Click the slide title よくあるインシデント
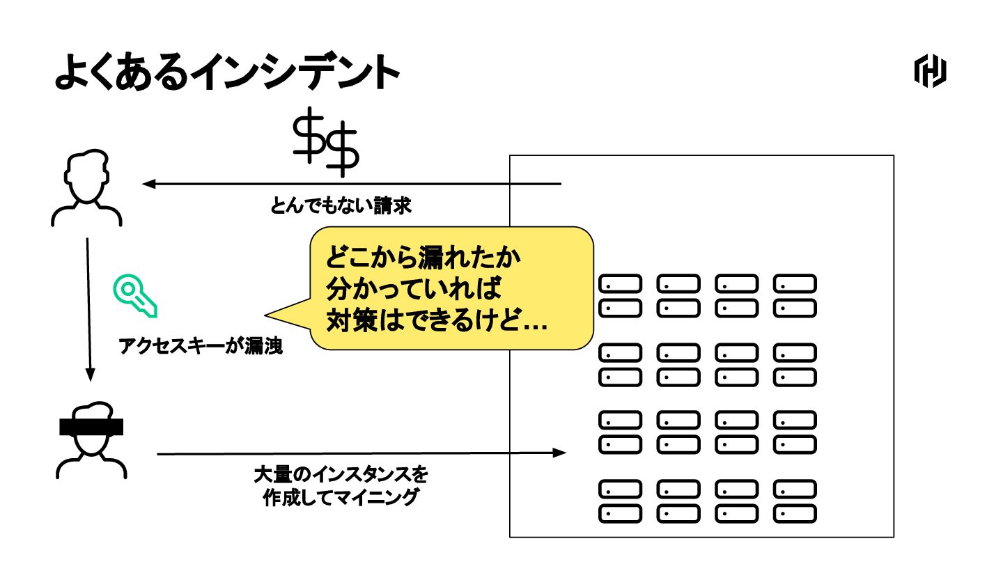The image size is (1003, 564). pyautogui.click(x=226, y=72)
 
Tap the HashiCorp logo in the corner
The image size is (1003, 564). pyautogui.click(x=930, y=72)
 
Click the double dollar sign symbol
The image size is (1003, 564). pyautogui.click(x=325, y=141)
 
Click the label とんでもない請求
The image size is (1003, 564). pyautogui.click(x=341, y=206)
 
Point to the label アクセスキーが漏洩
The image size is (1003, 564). pyautogui.click(x=201, y=346)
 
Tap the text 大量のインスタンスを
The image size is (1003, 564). pyautogui.click(x=341, y=476)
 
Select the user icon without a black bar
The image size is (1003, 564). pyautogui.click(x=86, y=189)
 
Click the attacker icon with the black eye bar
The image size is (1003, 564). pyautogui.click(x=91, y=441)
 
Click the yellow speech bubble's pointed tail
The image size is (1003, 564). pyautogui.click(x=279, y=314)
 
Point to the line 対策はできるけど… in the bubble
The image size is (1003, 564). pyautogui.click(x=437, y=320)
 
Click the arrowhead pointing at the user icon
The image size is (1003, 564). pyautogui.click(x=148, y=184)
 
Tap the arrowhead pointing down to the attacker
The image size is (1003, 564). pyautogui.click(x=90, y=375)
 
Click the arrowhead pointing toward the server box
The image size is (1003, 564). pyautogui.click(x=559, y=453)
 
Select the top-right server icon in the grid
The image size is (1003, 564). pyautogui.click(x=795, y=284)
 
